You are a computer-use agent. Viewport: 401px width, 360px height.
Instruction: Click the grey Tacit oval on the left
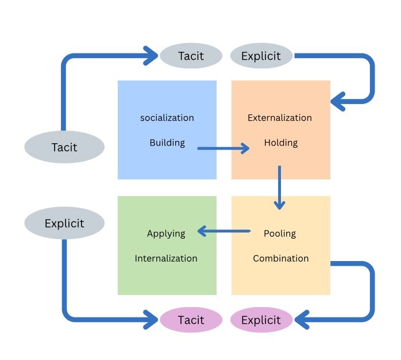coord(64,147)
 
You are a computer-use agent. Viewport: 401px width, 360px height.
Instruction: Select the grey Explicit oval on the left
coord(64,223)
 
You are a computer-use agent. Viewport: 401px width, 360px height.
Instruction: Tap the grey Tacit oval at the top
coord(191,56)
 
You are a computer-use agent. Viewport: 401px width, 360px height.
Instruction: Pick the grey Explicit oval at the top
coord(261,56)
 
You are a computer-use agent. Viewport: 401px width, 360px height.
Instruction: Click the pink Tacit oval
coord(191,320)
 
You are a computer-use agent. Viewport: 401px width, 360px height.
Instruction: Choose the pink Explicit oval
coord(261,320)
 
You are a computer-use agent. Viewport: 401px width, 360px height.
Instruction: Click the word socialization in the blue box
coord(167,118)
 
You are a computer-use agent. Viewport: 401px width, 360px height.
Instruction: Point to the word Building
coord(167,143)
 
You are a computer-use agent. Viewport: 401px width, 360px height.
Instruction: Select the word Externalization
coord(280,118)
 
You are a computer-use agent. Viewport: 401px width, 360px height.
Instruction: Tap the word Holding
coord(281,143)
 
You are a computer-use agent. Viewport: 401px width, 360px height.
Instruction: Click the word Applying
coord(166,233)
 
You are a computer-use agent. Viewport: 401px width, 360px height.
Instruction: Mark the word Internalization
coord(166,258)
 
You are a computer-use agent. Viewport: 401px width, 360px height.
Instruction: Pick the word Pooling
coord(280,233)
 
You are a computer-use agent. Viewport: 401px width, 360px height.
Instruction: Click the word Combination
coord(281,258)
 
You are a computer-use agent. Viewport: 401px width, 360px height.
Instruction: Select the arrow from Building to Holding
coord(223,148)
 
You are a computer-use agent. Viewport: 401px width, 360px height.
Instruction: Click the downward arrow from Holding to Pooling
coord(280,187)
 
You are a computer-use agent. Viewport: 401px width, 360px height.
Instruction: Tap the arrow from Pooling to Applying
coord(224,232)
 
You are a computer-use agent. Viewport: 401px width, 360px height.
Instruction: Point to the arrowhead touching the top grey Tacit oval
coord(152,56)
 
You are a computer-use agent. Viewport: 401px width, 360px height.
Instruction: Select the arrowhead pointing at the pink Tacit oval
coord(152,318)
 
